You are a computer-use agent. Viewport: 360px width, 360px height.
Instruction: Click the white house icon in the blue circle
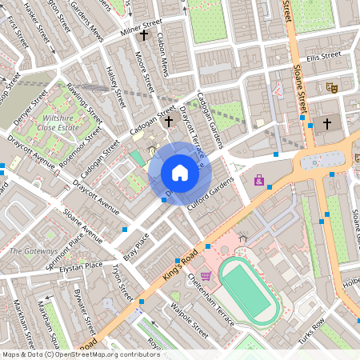pyautogui.click(x=180, y=172)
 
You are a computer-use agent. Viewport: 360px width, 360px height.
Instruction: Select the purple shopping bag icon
pyautogui.click(x=259, y=181)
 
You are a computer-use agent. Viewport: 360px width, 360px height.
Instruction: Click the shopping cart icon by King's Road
pyautogui.click(x=206, y=276)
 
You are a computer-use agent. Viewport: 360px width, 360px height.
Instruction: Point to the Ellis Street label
pyautogui.click(x=323, y=56)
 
